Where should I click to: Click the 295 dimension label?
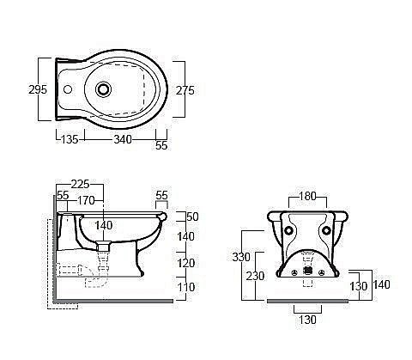point(38,89)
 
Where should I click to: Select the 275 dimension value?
point(185,90)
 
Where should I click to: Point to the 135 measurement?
point(70,139)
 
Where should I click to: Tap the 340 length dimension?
point(123,139)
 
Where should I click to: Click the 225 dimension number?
point(80,184)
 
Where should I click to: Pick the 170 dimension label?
point(86,201)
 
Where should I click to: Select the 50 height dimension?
point(192,217)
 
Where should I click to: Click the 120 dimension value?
point(186,263)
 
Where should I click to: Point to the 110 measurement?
point(186,287)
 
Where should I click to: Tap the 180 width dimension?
point(307,197)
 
